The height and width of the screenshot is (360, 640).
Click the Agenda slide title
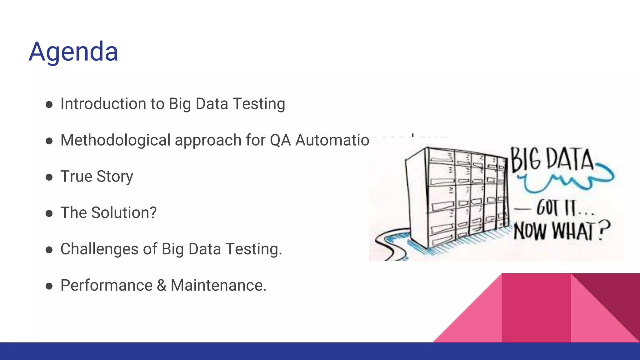(73, 52)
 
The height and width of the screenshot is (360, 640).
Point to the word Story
(115, 177)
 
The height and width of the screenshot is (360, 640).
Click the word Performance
(106, 285)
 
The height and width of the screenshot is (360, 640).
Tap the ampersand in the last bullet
(162, 285)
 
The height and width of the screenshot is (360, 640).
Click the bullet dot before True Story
(49, 177)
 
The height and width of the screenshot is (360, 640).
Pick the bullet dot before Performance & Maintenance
(49, 286)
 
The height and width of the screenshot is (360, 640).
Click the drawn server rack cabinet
(456, 197)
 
